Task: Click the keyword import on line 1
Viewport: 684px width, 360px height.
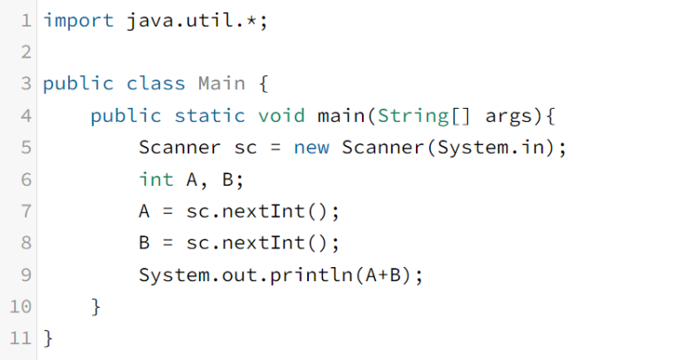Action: (x=79, y=19)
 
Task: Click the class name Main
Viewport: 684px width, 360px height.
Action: (x=221, y=84)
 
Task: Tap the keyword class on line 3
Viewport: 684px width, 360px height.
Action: (x=156, y=84)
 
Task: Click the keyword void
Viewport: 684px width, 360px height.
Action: (x=281, y=116)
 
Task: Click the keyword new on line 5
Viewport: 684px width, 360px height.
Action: (x=311, y=148)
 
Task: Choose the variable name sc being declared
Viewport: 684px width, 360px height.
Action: (x=245, y=148)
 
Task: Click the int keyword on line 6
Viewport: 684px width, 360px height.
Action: (x=156, y=180)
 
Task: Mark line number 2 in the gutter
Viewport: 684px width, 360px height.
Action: (x=26, y=52)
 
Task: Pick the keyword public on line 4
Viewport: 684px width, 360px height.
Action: (x=126, y=116)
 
